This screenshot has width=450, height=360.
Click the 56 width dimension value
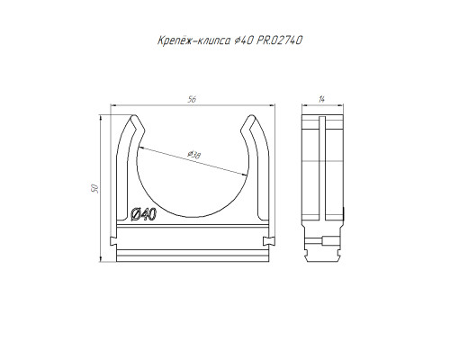coord(192,99)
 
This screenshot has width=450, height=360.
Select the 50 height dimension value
coord(94,188)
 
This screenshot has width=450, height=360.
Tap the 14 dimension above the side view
coord(321,99)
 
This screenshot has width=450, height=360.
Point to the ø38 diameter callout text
coord(193,155)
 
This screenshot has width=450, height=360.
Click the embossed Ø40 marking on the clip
coord(144,214)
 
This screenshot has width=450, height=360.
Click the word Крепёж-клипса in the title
coord(194,40)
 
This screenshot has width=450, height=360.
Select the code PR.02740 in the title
coord(279,40)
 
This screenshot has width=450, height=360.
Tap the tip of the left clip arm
coord(134,115)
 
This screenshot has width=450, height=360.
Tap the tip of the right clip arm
coord(251,115)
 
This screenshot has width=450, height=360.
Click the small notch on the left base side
coord(113,240)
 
